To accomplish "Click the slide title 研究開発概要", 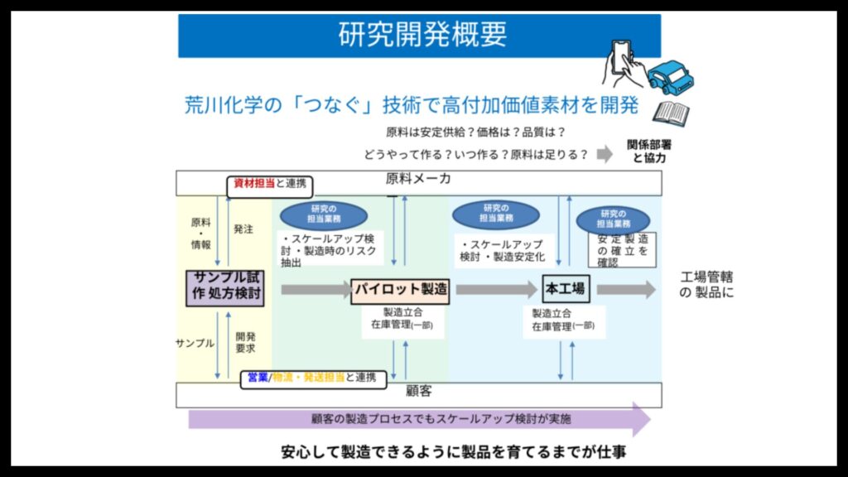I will coord(422,35).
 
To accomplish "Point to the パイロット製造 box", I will coord(400,290).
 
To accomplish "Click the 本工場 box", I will coord(565,289).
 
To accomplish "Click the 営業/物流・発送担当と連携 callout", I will coord(312,378).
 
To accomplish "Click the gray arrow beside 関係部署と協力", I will coord(605,154).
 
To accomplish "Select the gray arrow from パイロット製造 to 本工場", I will coord(495,289).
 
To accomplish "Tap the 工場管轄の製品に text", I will coord(706,284).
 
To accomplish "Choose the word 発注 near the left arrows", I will coord(243,229).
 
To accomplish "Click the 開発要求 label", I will coord(245,342).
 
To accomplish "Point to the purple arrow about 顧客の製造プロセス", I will coord(419,419).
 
